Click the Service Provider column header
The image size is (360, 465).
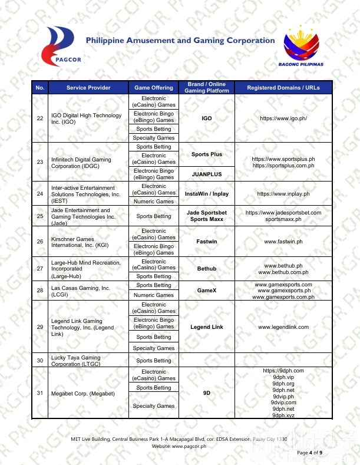[88, 88]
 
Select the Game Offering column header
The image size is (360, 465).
[154, 88]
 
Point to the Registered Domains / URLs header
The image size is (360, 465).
[283, 88]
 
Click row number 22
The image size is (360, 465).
[40, 118]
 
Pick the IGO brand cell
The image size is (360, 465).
[207, 118]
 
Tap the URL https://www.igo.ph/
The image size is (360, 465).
[283, 118]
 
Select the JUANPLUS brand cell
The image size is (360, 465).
[207, 174]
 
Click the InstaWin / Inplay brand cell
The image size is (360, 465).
[207, 193]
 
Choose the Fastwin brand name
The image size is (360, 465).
[207, 242]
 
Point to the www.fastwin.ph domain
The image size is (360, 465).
[283, 242]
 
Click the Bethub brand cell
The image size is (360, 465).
[207, 269]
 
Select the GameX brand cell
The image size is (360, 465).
[207, 291]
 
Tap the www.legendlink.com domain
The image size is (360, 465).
[283, 327]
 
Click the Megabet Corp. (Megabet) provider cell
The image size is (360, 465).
[83, 393]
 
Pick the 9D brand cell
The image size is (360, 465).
[207, 393]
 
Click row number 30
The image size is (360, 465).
[40, 361]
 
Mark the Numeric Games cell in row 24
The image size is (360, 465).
[154, 202]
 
